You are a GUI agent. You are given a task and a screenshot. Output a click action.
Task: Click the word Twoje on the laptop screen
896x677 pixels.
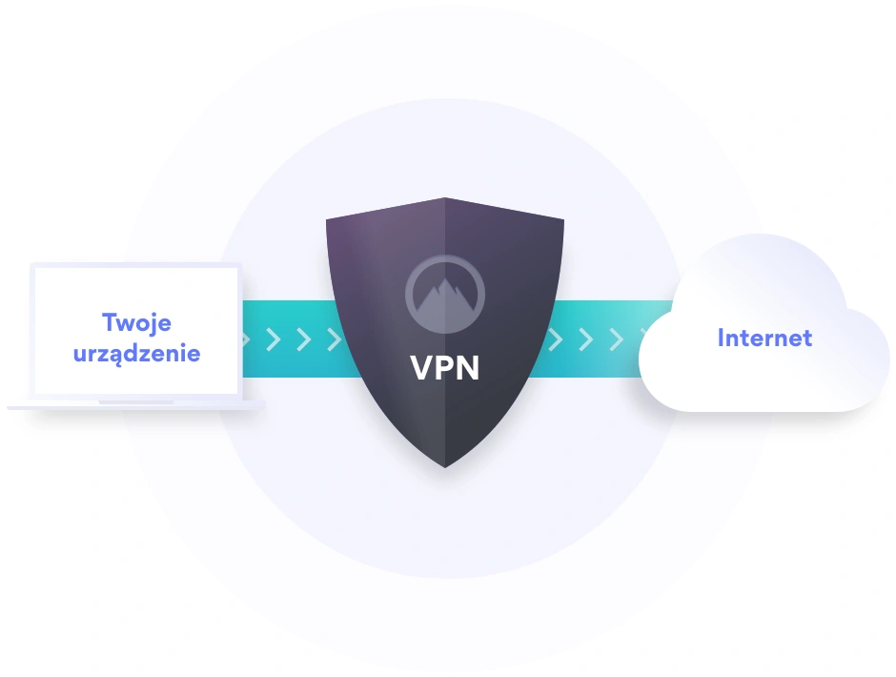(137, 322)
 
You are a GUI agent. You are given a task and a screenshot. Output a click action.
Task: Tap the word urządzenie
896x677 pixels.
(137, 353)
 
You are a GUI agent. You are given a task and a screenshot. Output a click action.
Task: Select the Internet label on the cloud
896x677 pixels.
(764, 338)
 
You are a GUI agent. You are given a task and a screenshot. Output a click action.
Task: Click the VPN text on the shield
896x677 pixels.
(445, 367)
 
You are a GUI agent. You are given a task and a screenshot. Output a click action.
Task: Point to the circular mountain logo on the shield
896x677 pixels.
(445, 291)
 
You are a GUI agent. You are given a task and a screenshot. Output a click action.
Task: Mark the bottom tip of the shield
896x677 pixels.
(445, 466)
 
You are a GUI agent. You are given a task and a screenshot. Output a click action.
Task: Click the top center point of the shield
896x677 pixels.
(445, 198)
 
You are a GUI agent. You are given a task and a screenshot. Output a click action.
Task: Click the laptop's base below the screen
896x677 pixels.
(135, 405)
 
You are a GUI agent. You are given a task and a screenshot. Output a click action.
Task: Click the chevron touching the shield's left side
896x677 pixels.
(334, 339)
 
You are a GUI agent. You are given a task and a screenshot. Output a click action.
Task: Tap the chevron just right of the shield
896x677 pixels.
(555, 339)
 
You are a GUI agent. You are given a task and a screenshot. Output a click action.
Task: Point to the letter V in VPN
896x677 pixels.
(421, 367)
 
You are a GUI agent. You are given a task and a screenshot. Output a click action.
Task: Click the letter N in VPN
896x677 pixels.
(469, 367)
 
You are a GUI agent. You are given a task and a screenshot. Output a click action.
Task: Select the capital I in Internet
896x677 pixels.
(722, 338)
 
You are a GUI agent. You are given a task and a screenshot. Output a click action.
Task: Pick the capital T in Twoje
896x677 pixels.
(109, 322)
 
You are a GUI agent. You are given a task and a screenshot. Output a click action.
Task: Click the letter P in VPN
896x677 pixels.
(445, 367)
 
